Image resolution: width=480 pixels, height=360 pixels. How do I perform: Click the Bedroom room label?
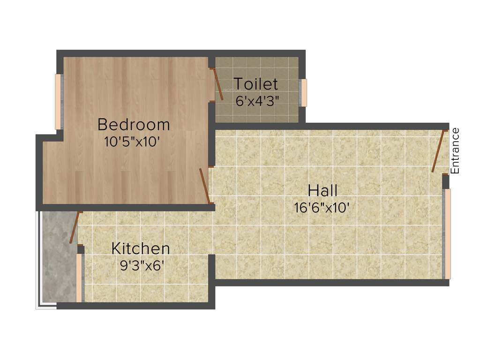point(134,125)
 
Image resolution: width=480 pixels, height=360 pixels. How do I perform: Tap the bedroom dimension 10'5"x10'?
point(134,141)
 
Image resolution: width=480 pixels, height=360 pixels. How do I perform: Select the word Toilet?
point(255,84)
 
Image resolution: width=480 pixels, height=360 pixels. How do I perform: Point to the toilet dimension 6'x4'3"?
point(257,101)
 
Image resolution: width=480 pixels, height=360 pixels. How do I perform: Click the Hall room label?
point(322,191)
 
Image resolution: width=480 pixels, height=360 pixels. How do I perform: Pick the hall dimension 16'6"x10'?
point(322,207)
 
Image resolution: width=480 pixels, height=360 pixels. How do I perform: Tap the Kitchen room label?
point(140,248)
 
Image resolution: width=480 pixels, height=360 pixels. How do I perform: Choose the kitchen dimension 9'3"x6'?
point(142,265)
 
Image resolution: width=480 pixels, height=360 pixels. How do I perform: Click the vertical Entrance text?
point(455,151)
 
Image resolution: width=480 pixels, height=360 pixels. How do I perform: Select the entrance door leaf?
point(438,151)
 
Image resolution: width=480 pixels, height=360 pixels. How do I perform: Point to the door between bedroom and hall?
point(204,186)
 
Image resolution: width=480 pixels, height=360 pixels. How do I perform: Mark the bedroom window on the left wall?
point(59,102)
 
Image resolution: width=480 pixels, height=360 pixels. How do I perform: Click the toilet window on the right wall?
point(303,93)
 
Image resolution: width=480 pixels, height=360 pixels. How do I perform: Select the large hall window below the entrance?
point(447,233)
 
